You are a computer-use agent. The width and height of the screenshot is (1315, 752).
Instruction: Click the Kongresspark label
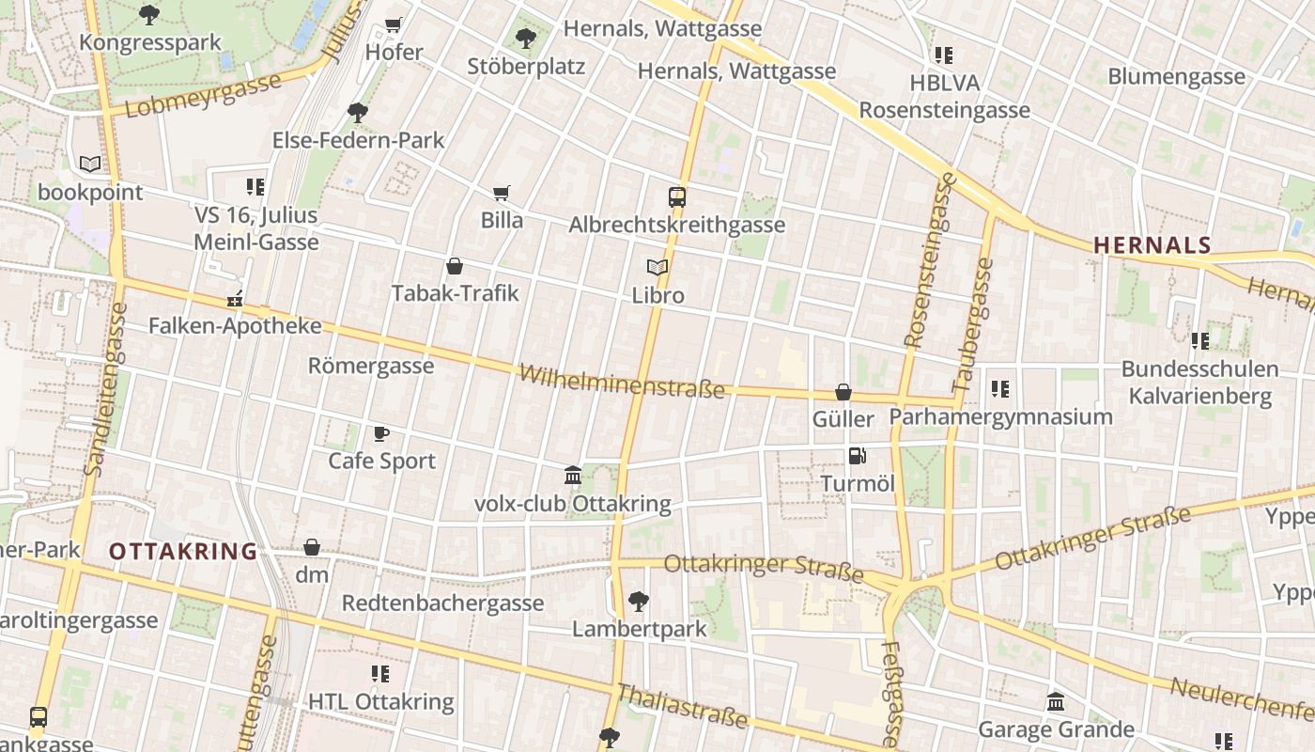(x=150, y=42)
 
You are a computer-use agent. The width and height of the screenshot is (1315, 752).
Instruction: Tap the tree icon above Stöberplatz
(x=526, y=39)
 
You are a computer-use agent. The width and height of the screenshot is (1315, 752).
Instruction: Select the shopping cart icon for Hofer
(x=394, y=24)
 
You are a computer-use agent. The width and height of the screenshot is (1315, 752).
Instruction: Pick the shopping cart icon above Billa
(x=502, y=193)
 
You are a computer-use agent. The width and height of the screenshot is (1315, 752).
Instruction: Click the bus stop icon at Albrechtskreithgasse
(x=677, y=197)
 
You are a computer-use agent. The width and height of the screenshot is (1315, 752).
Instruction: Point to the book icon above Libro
(x=657, y=268)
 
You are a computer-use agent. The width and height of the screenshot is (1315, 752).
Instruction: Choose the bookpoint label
(x=90, y=193)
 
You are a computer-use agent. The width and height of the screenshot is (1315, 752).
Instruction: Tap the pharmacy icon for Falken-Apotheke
(x=235, y=300)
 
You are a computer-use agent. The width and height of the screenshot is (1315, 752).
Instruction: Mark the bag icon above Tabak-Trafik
(x=455, y=266)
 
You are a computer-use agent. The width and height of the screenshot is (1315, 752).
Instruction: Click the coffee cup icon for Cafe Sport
(x=381, y=433)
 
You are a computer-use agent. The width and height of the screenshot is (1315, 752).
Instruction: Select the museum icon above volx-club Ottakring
(x=573, y=476)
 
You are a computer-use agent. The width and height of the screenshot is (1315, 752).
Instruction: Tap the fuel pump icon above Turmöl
(x=857, y=457)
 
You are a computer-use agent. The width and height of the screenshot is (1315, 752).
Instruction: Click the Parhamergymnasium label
(x=1000, y=416)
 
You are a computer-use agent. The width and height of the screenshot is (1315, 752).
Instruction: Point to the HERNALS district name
(x=1152, y=245)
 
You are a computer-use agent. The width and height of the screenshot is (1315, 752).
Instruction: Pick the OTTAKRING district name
(x=183, y=552)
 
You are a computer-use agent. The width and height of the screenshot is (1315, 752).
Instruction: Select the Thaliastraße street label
(x=681, y=707)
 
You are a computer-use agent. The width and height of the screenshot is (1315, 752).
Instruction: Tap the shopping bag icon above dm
(x=312, y=547)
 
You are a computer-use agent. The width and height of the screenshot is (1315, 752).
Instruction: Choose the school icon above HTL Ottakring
(x=380, y=674)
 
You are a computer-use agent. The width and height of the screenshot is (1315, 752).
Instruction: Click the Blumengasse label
(x=1176, y=76)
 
